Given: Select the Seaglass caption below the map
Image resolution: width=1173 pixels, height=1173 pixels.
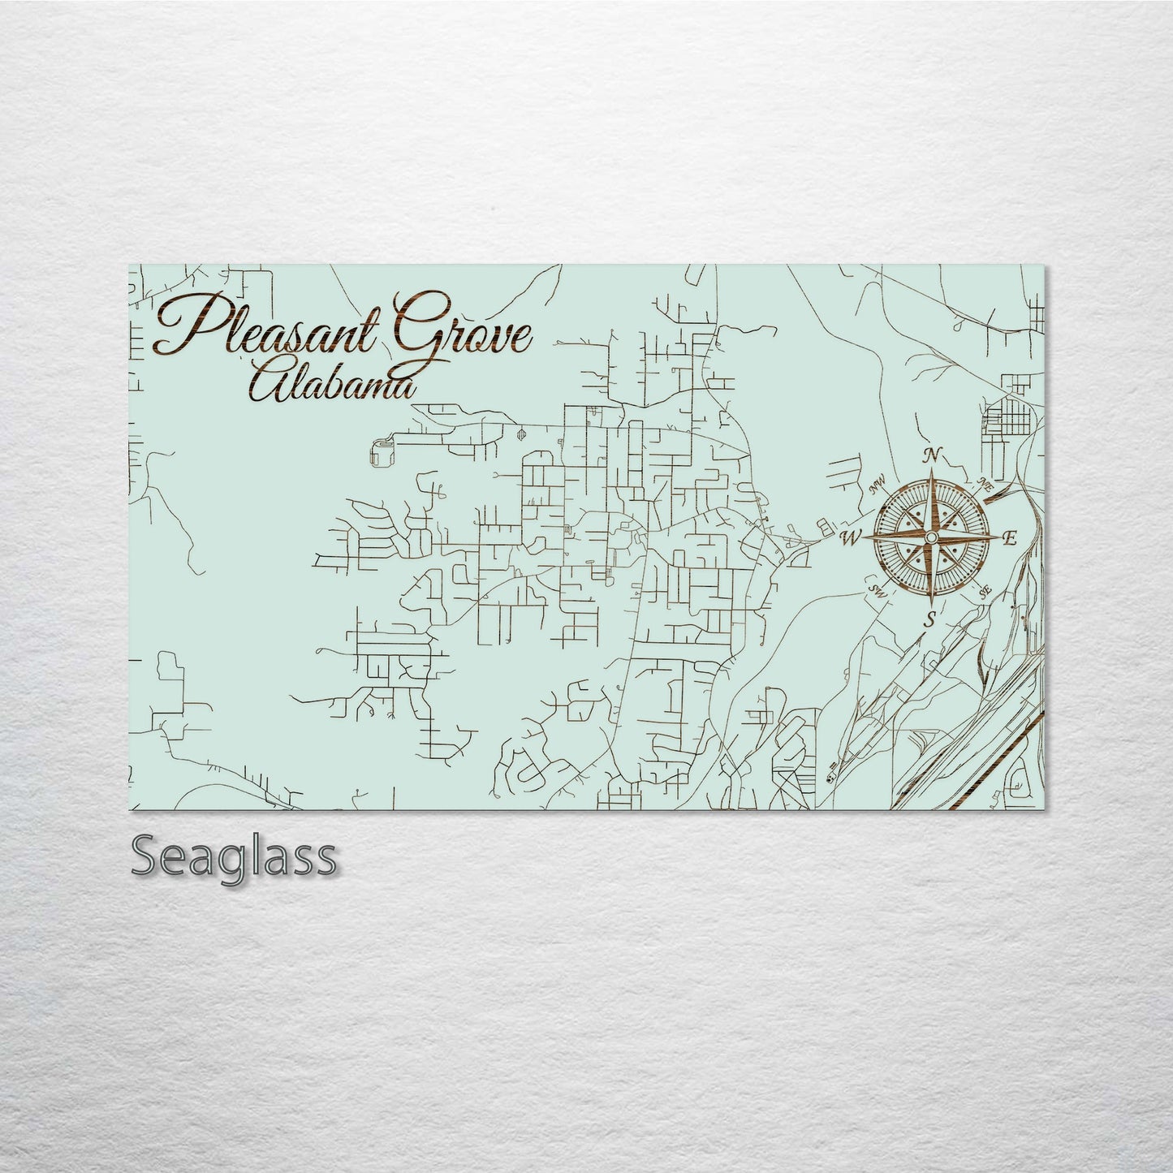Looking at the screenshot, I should [x=233, y=856].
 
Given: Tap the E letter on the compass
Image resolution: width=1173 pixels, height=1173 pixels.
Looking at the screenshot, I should [x=1010, y=538].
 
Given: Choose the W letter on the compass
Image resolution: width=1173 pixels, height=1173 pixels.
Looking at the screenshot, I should [x=850, y=537].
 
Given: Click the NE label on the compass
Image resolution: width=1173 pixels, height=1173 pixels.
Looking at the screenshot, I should [x=985, y=485].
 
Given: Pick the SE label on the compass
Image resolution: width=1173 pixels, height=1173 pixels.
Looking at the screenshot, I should [x=985, y=593].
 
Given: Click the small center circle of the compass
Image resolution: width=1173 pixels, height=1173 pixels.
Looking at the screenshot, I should [x=931, y=537].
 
